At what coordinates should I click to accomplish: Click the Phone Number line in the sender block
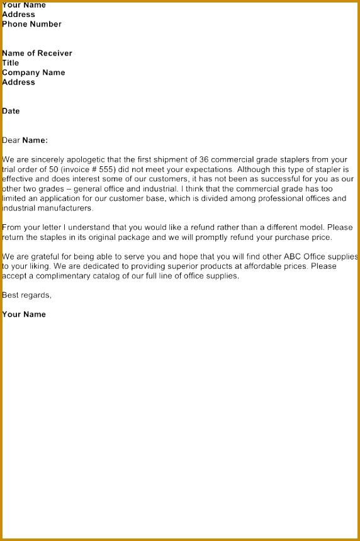tap(31, 25)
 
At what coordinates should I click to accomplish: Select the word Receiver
tap(55, 54)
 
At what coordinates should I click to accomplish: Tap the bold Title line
tap(11, 63)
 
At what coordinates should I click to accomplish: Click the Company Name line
tap(33, 72)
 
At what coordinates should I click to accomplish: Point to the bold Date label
tap(11, 111)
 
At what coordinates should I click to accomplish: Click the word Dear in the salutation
tap(11, 140)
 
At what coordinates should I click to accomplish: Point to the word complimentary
tap(64, 276)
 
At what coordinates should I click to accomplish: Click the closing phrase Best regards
tap(26, 295)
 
